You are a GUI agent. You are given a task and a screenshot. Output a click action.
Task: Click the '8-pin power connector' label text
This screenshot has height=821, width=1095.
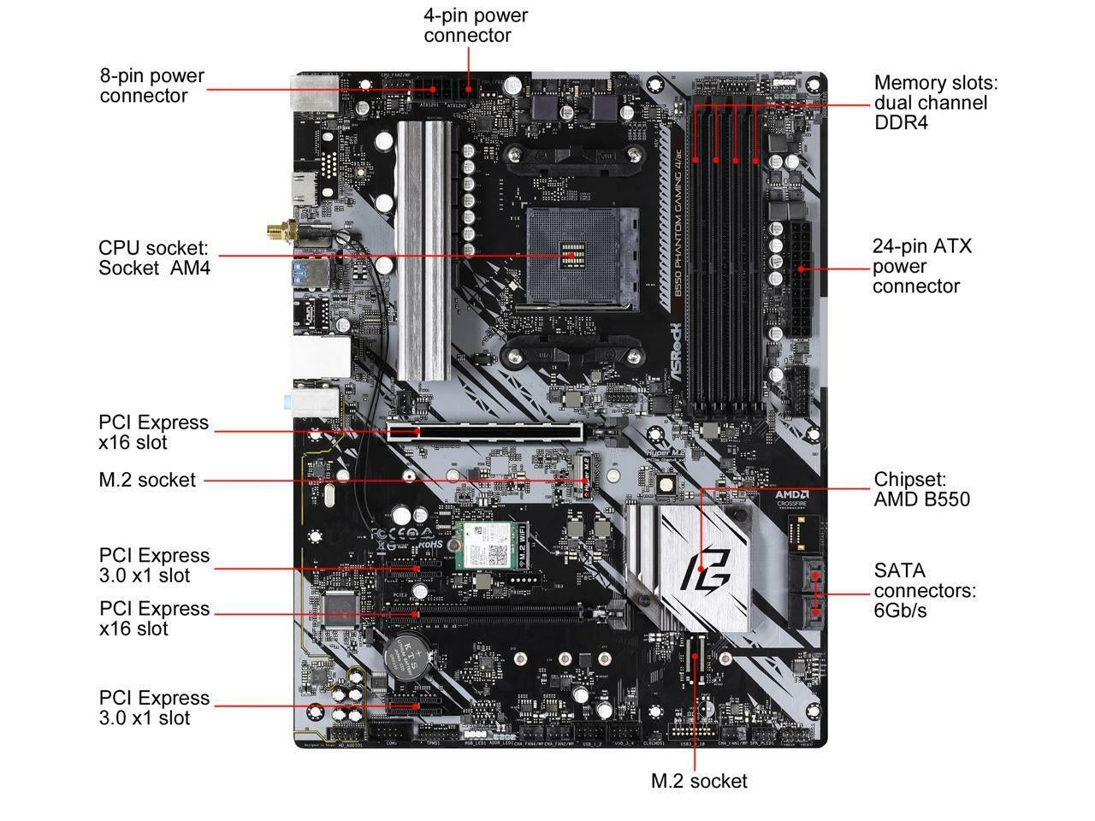[151, 86]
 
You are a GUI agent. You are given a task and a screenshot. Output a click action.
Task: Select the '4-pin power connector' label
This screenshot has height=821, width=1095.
[476, 26]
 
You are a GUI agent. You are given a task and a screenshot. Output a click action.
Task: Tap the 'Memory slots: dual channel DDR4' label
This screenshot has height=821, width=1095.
[935, 103]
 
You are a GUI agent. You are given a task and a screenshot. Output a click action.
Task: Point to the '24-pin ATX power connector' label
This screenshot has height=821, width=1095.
[921, 266]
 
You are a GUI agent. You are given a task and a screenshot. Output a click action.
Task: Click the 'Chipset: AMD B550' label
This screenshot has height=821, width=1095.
[921, 489]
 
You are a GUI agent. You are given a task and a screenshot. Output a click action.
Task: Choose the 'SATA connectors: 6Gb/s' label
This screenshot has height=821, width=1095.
[924, 590]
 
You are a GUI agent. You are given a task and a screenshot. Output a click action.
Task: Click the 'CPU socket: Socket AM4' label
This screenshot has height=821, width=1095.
[154, 257]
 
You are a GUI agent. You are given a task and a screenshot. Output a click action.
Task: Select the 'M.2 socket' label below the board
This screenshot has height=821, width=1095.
[698, 781]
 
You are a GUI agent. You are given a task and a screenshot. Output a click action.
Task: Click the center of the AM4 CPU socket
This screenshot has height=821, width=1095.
[571, 254]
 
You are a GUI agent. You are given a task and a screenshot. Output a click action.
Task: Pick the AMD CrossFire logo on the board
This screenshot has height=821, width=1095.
[793, 499]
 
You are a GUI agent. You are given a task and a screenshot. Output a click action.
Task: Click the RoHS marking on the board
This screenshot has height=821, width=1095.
[429, 542]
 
